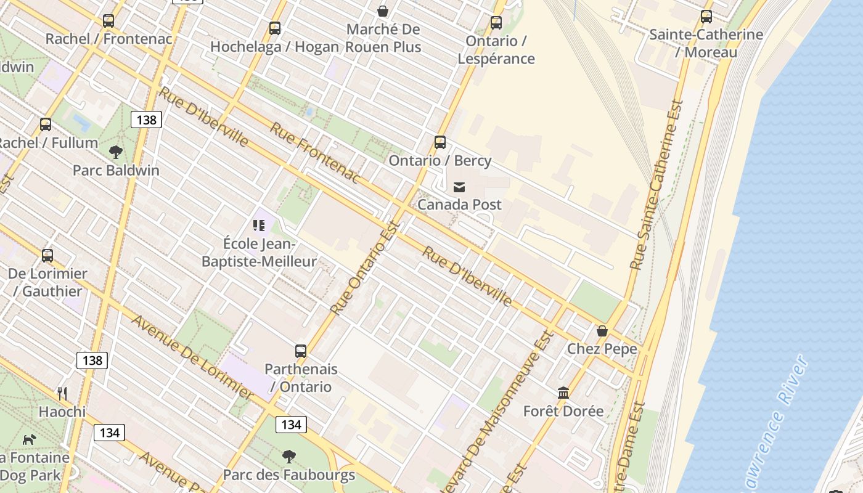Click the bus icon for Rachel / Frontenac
108,21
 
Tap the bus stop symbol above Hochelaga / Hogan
275,28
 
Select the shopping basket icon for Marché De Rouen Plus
383,11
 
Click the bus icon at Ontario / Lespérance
496,23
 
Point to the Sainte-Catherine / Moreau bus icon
706,17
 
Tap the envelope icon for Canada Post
459,187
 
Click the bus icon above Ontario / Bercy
440,142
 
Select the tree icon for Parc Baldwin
115,152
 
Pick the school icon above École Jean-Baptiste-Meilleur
259,226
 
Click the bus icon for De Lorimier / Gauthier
47,255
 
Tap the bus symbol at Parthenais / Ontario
301,351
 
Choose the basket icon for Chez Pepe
602,331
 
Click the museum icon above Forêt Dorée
563,393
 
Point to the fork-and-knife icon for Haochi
62,393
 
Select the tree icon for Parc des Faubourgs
288,457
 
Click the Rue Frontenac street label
315,153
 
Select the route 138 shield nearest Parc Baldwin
146,120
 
